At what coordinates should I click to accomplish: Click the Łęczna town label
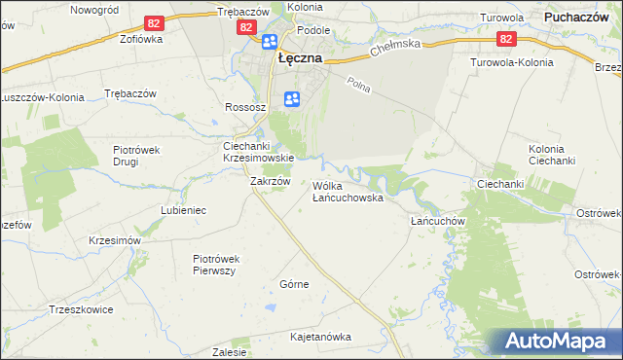click(301, 58)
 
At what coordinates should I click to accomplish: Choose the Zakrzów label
click(271, 181)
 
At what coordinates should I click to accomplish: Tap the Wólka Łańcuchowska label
click(348, 191)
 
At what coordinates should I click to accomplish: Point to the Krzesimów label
click(115, 240)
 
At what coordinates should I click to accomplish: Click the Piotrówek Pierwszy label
click(216, 265)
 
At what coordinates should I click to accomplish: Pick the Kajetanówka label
click(319, 337)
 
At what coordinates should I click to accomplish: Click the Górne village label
click(294, 284)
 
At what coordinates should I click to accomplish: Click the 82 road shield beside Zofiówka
click(153, 22)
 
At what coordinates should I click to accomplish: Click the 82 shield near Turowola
click(505, 39)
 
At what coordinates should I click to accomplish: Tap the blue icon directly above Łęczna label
click(269, 42)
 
